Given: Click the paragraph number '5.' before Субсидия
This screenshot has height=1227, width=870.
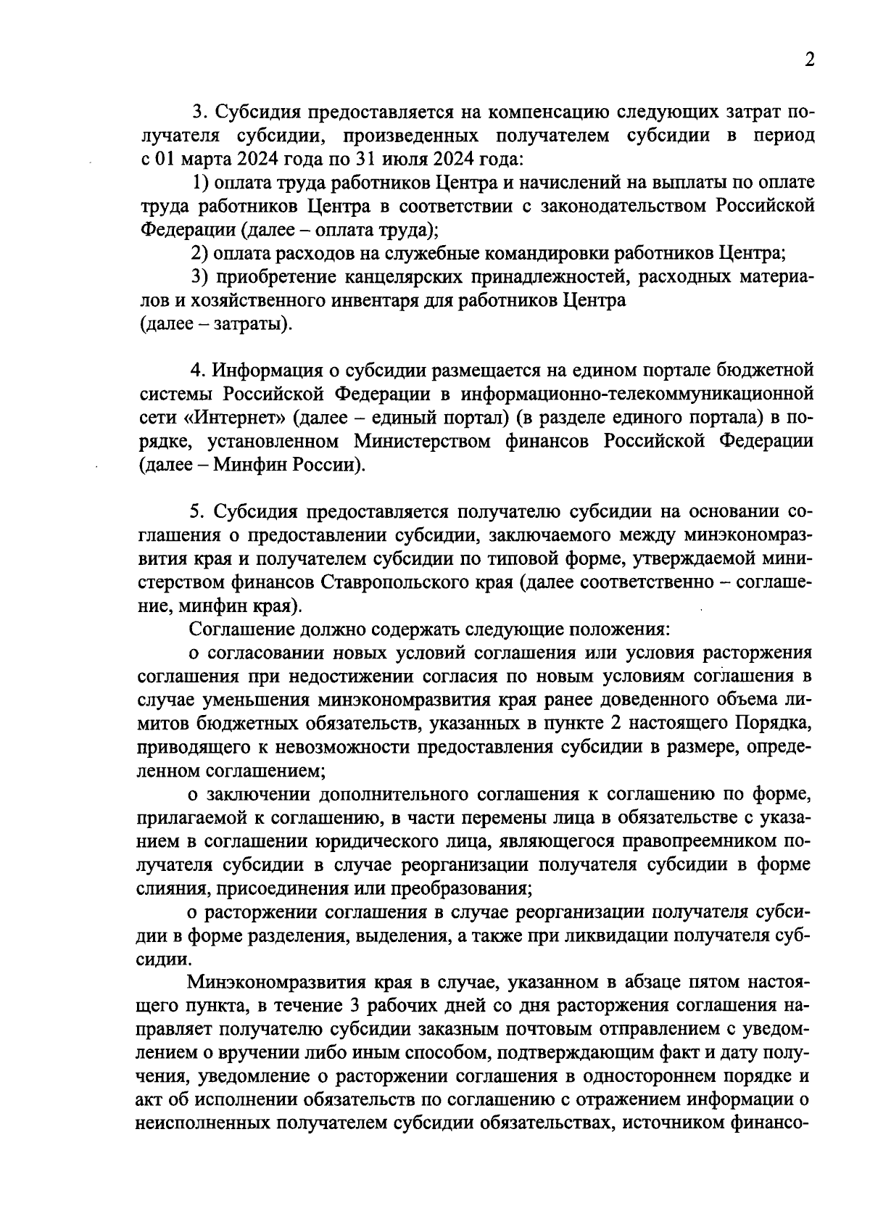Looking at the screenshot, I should click(x=198, y=512).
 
